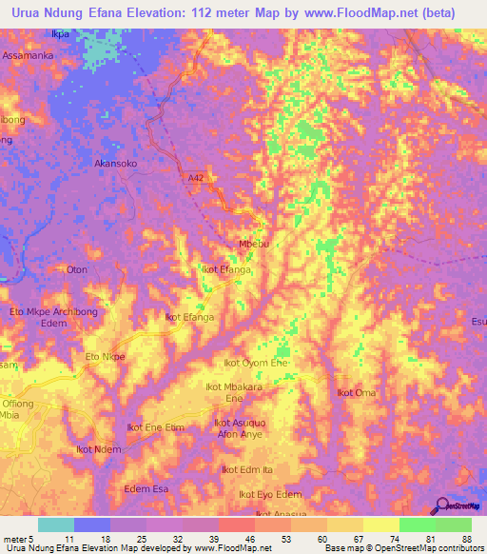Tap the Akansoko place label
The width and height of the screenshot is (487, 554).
116,164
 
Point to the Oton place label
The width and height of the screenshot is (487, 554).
77,269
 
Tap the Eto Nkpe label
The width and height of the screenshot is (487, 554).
106,357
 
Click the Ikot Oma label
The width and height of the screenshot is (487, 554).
359,392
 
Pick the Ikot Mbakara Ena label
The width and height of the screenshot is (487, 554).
233,392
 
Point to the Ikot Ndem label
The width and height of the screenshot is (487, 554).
98,449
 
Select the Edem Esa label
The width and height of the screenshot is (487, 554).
146,489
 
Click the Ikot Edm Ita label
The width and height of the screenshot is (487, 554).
247,469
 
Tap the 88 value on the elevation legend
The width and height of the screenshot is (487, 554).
465,539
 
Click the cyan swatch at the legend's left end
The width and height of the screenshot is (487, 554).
55,524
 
